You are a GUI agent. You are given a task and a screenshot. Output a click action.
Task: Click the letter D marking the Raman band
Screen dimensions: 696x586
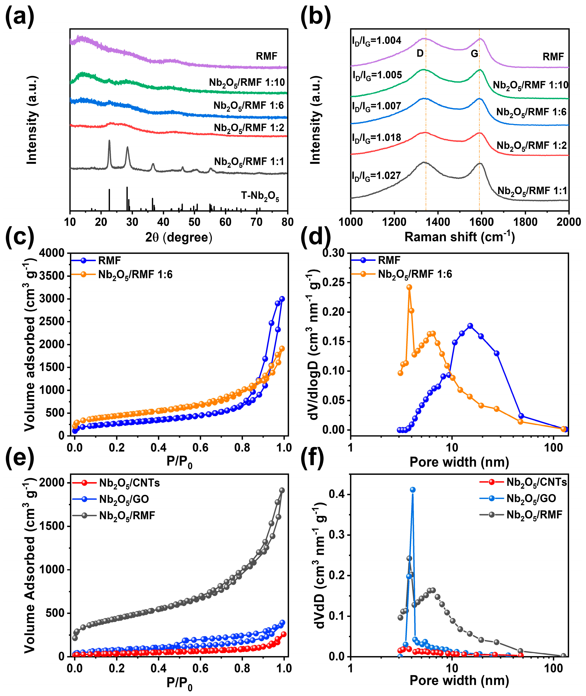tap(420, 53)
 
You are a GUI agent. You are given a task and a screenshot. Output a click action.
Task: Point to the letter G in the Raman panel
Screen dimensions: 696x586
tap(474, 53)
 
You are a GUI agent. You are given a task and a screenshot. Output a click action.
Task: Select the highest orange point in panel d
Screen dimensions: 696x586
tap(409, 287)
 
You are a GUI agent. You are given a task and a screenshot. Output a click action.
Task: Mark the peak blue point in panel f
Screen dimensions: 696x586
tap(413, 490)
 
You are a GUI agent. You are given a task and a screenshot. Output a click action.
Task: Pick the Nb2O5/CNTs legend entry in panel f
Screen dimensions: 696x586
tap(536, 482)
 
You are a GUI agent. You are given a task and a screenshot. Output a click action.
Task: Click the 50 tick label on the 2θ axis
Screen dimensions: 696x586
tap(194, 222)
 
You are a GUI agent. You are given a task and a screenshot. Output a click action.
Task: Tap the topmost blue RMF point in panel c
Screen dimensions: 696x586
tap(282, 299)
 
